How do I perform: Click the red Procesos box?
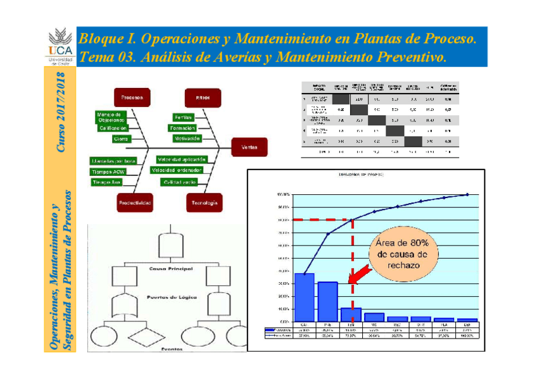(x=132, y=97)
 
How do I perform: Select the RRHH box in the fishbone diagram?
(x=203, y=98)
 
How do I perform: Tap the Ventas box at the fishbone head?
(x=249, y=147)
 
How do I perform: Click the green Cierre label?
(x=120, y=139)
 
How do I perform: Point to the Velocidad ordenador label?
(x=177, y=170)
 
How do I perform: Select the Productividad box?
(x=134, y=202)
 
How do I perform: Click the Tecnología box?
(x=203, y=202)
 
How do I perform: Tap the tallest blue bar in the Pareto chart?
(x=305, y=297)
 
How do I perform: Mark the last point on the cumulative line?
(x=467, y=194)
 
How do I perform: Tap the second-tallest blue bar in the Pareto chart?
(x=328, y=301)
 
